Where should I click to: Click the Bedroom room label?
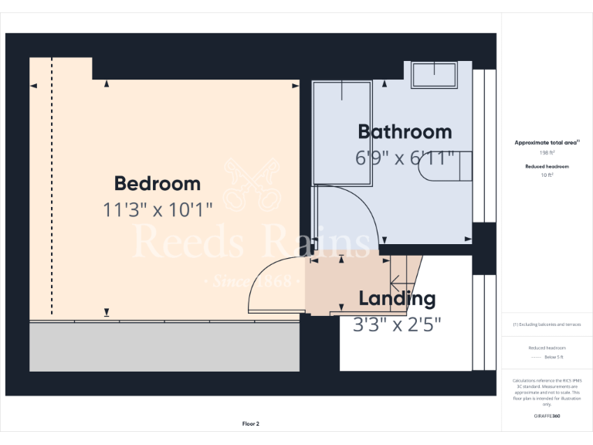pos(157,184)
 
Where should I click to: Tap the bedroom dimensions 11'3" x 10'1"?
pos(157,209)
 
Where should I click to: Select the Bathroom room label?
pos(404,131)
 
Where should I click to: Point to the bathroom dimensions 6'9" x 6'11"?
pos(404,158)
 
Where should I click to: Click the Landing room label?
pos(397,298)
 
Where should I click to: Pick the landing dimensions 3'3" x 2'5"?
pos(397,324)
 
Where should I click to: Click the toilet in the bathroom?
pos(444,166)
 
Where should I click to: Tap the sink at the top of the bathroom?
pos(434,75)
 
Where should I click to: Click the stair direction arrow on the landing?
pos(399,280)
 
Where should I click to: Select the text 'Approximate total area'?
pos(546,143)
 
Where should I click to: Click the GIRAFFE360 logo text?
pos(546,416)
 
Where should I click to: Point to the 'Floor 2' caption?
pos(250,423)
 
